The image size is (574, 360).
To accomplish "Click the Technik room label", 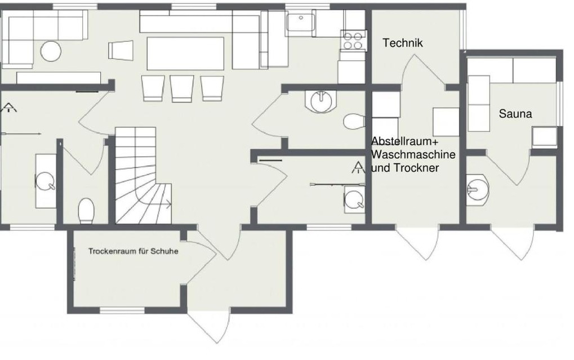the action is (403, 43).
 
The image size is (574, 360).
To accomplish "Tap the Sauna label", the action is (515, 114).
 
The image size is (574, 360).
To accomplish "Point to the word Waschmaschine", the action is (413, 154).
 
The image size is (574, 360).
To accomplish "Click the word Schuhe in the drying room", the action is (164, 251).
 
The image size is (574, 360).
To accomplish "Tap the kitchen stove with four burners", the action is (353, 41).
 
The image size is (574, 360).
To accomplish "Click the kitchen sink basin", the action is (301, 23).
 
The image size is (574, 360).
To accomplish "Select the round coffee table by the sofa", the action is (51, 51).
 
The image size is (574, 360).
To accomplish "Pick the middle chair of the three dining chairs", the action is (181, 88).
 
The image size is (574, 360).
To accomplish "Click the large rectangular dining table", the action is (185, 53).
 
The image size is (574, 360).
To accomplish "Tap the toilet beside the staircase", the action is (86, 211).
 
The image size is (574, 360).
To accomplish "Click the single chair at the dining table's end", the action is (121, 50).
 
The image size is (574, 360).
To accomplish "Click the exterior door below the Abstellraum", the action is (417, 243).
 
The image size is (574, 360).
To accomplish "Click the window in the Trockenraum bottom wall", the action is (122, 310).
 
